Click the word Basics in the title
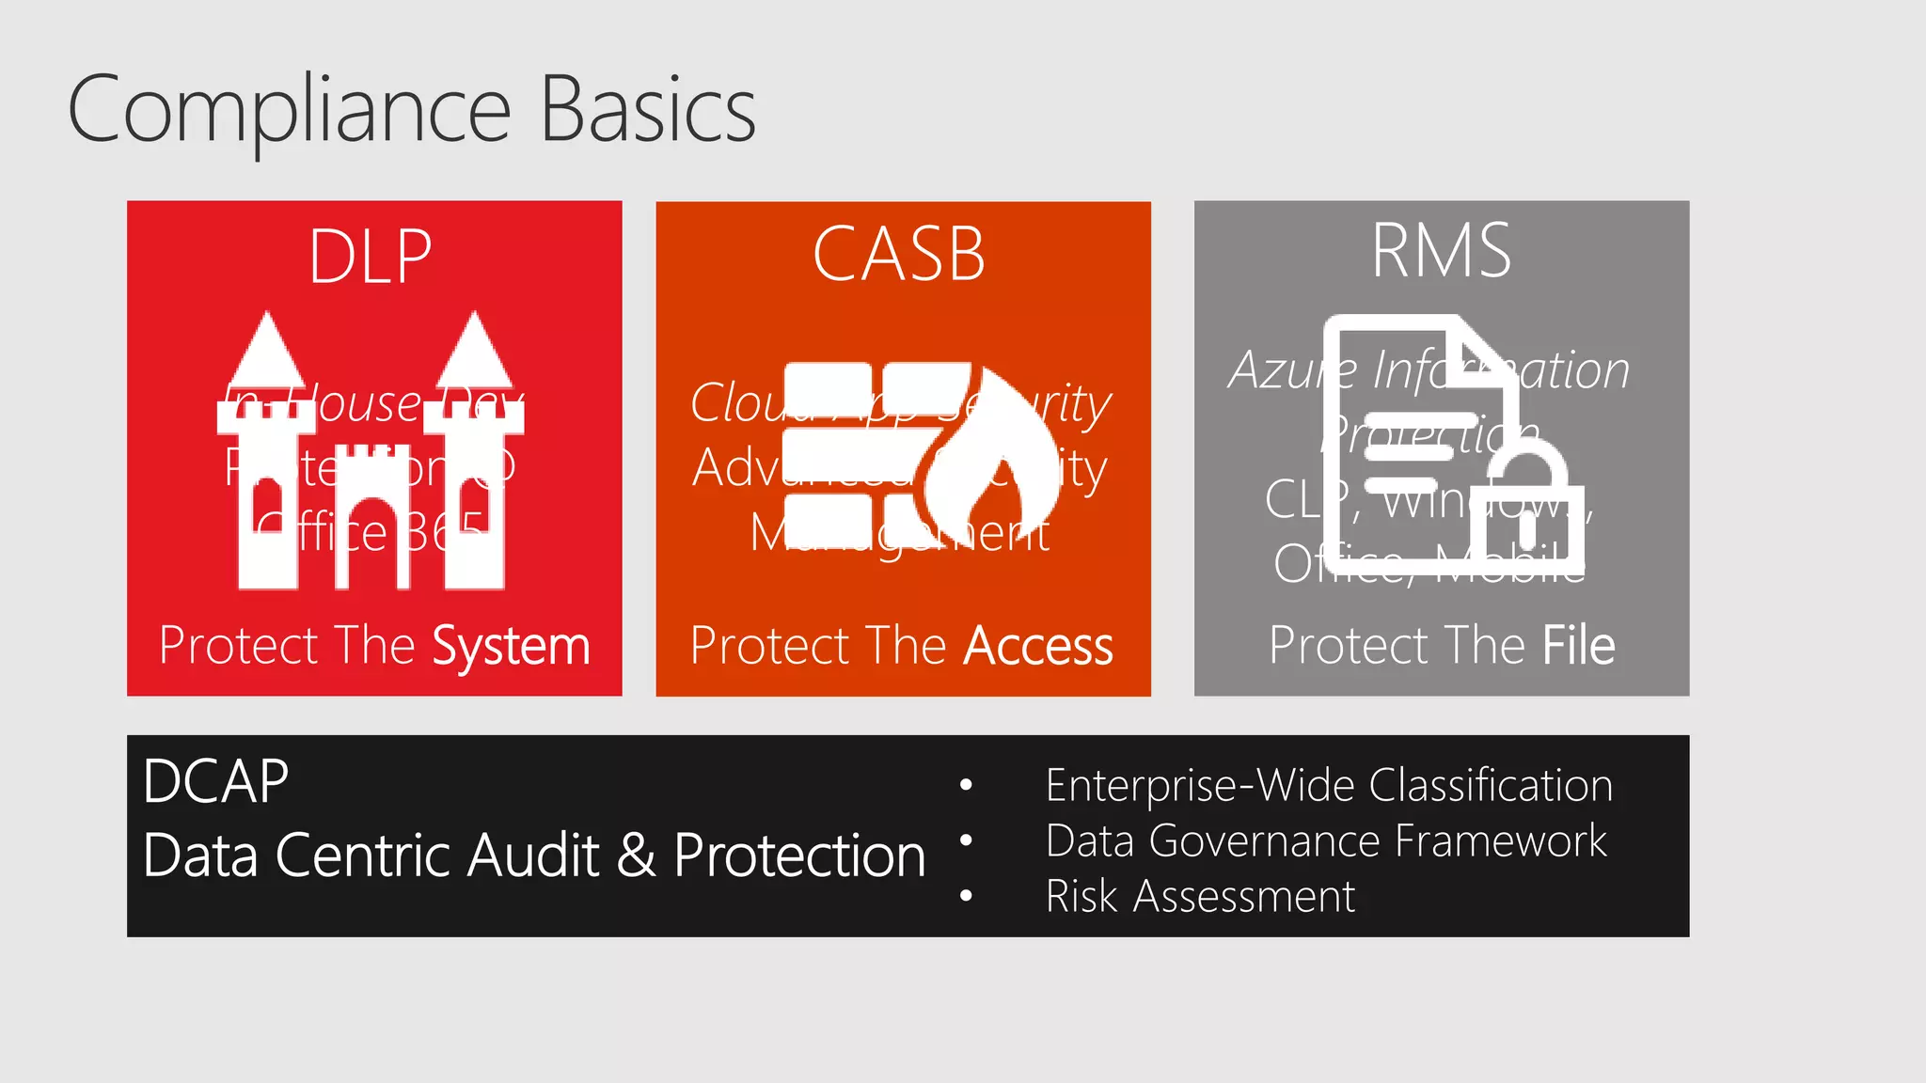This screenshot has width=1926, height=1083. click(648, 111)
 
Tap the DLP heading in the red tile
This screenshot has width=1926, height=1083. click(371, 256)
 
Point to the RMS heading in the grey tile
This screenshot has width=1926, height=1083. click(1441, 251)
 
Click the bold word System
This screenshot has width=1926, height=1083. click(511, 646)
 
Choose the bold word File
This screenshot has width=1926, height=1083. click(1578, 646)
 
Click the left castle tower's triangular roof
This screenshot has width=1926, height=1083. click(268, 353)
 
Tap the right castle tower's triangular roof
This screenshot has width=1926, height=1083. click(475, 353)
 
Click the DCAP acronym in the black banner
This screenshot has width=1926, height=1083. click(216, 781)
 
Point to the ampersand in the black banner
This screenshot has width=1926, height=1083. click(637, 855)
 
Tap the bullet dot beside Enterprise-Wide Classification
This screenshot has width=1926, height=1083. click(966, 785)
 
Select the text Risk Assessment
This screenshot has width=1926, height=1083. click(1200, 896)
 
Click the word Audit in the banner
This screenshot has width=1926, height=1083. click(532, 855)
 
